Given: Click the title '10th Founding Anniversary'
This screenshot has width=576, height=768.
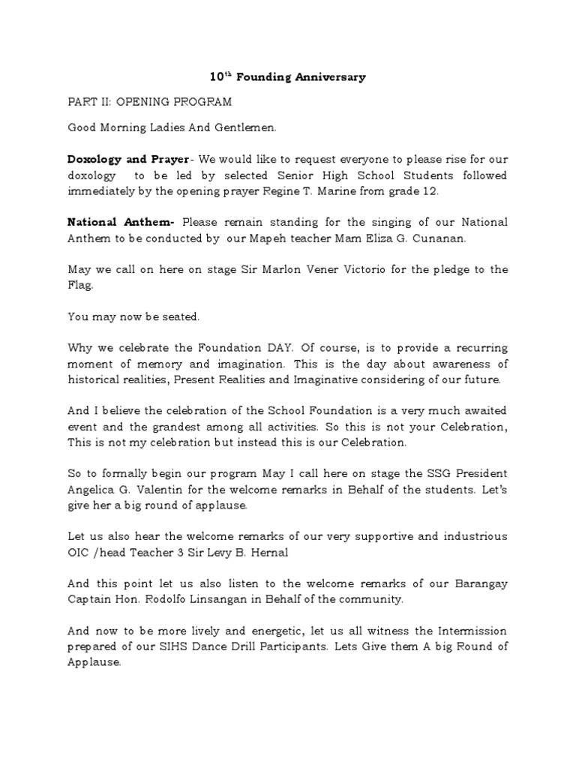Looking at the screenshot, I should click(287, 77).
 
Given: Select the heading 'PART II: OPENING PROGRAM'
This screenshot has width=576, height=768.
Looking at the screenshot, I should click(149, 101).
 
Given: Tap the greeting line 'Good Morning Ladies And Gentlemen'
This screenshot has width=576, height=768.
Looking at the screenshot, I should click(172, 128).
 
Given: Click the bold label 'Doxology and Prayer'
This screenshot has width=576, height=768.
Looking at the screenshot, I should click(127, 160).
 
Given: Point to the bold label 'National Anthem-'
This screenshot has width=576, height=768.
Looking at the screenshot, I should click(121, 222).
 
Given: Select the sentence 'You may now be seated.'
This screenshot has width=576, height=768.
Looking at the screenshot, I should click(133, 316).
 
